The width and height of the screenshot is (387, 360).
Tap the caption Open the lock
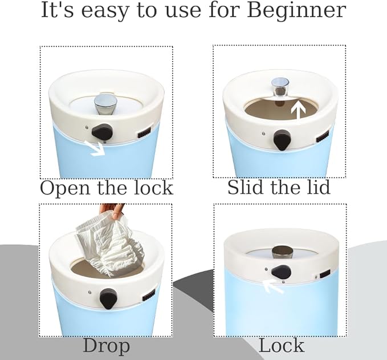pos(106,188)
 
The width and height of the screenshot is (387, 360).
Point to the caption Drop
pos(106,346)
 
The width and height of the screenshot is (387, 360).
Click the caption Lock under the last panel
pos(281,346)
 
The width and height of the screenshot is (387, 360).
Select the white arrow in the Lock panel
pos(273,285)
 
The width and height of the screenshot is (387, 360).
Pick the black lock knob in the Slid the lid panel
pos(282,139)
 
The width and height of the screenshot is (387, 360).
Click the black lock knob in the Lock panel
pos(281,271)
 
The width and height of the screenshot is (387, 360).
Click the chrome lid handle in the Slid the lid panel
pos(280,87)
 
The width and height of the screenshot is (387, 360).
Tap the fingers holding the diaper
pos(111,210)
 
